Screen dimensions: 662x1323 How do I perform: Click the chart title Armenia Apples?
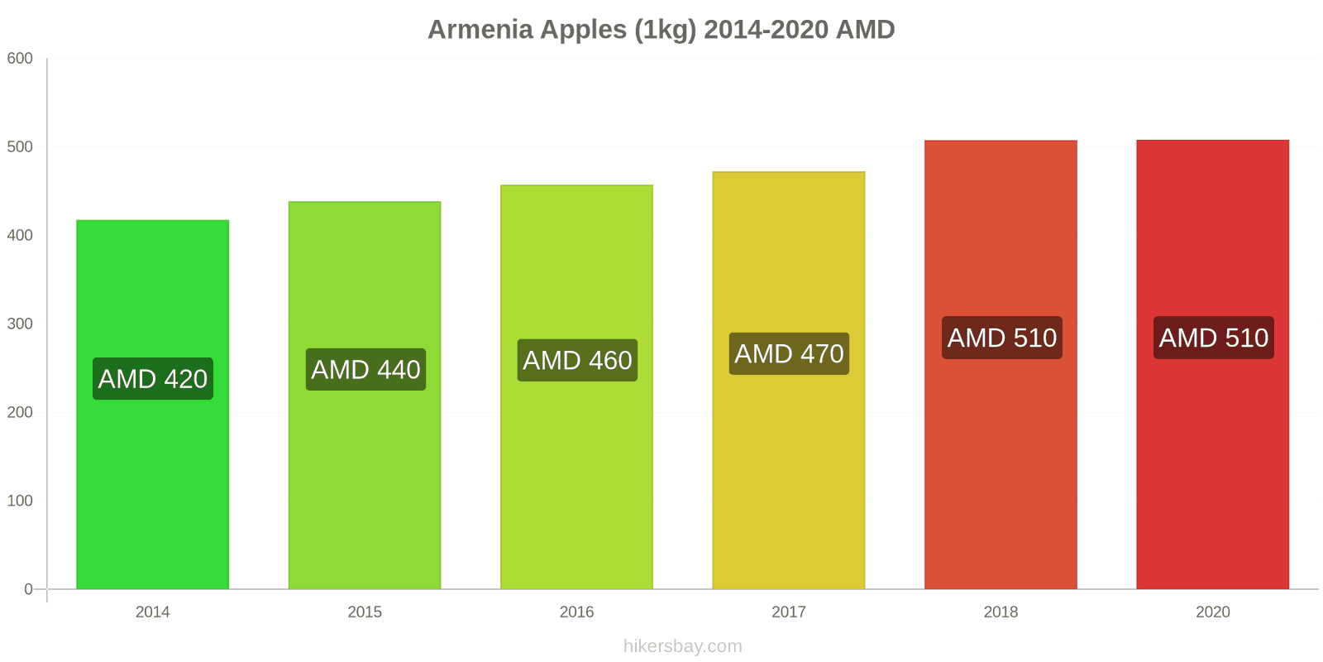661,30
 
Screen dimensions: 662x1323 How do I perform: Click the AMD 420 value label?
153,379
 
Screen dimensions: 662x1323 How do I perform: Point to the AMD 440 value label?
365,370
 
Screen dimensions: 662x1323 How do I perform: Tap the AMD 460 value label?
577,361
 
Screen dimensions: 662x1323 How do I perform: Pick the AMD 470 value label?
789,354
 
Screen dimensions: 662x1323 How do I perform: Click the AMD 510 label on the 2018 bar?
1001,338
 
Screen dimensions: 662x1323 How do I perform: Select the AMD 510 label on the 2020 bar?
1213,338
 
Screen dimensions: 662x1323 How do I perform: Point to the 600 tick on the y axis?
20,59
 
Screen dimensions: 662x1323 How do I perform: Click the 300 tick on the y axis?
20,324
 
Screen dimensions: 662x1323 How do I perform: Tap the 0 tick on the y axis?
28,589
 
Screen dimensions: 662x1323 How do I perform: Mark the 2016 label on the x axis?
576,612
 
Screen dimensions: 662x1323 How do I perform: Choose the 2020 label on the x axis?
1212,612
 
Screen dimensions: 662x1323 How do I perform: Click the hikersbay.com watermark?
682,646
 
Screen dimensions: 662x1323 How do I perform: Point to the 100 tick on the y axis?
20,501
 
